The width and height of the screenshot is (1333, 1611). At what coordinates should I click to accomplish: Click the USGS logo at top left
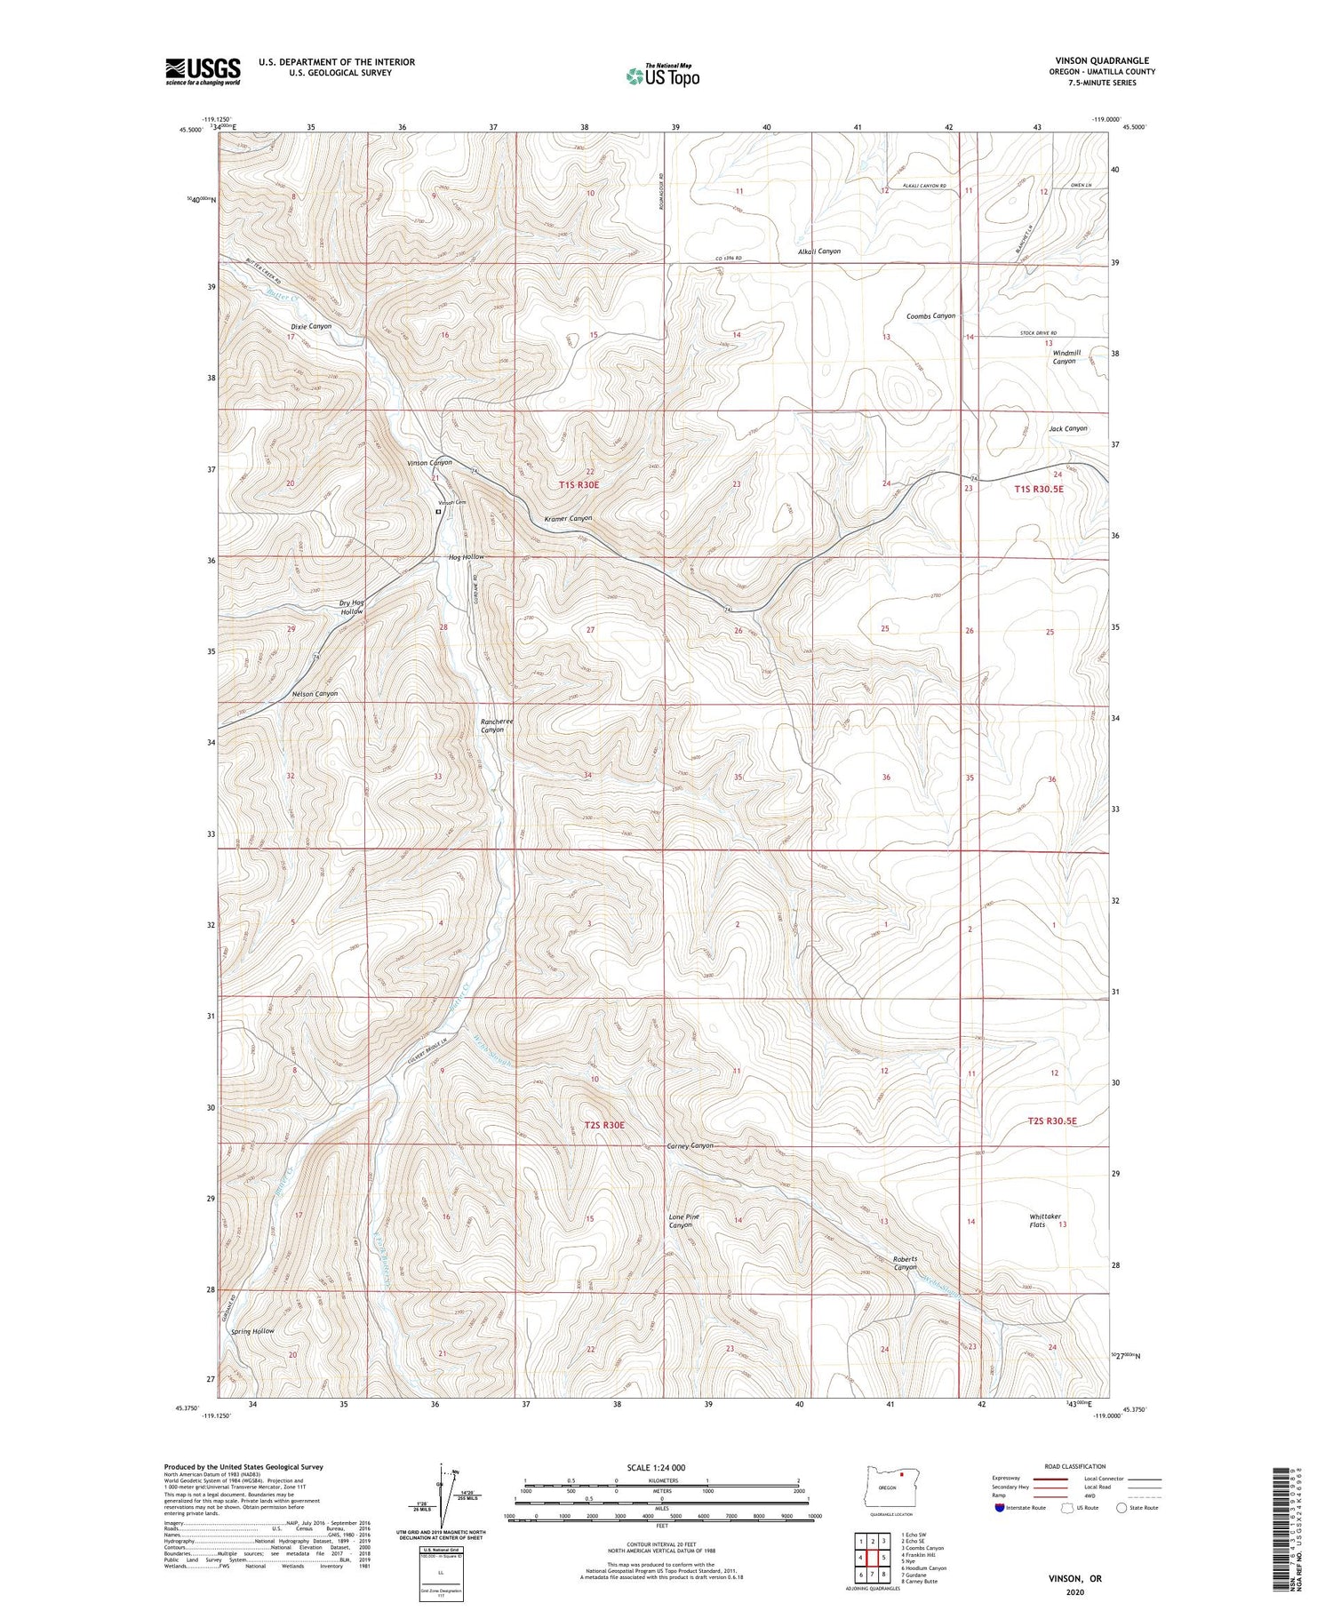203,71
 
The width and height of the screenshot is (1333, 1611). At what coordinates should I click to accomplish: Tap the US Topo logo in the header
663,76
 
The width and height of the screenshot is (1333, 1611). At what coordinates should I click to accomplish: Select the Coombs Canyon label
930,315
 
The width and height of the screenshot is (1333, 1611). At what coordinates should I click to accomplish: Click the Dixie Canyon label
310,326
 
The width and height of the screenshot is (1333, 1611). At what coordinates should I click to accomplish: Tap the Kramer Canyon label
568,518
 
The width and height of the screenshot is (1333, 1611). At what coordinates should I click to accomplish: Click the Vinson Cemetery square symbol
438,512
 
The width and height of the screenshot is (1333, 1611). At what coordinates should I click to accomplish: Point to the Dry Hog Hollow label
351,608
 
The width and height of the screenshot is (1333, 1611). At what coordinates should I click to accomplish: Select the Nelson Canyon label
315,693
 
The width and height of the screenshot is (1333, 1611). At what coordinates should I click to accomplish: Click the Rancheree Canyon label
498,726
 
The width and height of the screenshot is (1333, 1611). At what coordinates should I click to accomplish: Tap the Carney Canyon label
690,1146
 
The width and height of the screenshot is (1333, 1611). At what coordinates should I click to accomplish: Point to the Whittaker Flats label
1045,1221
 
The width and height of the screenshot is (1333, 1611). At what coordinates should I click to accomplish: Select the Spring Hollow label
252,1331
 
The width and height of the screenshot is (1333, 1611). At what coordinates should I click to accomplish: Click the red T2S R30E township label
604,1125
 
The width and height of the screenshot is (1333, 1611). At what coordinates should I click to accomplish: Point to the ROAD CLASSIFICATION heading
1075,1466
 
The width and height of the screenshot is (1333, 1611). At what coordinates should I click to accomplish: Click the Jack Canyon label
1067,428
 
